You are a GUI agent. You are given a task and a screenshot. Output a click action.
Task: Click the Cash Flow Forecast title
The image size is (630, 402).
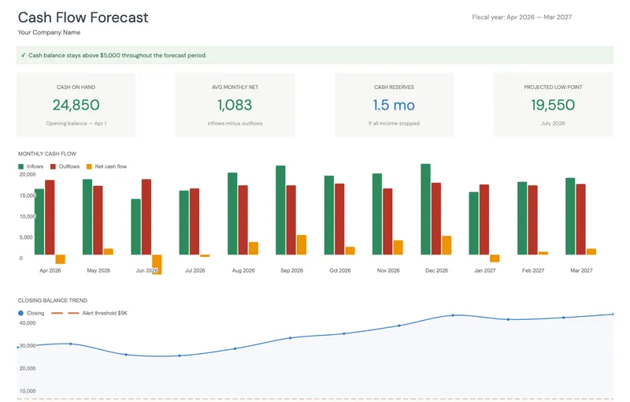point(83,17)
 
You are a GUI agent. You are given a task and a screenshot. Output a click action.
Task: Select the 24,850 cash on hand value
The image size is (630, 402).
point(76,105)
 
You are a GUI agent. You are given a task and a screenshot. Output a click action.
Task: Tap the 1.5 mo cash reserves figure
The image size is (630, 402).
point(394,105)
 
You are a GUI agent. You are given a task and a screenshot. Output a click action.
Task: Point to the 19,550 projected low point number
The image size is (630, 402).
point(553,105)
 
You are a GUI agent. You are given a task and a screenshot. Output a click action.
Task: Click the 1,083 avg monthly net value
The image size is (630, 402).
point(235,105)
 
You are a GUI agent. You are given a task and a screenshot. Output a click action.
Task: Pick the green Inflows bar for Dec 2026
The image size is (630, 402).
point(425,210)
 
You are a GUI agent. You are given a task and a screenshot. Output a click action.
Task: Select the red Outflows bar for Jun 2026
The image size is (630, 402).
point(146,217)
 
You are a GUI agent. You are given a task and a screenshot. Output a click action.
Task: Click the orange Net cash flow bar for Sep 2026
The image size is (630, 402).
point(302,244)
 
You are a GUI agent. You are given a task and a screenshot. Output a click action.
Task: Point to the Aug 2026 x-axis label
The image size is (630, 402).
point(243,270)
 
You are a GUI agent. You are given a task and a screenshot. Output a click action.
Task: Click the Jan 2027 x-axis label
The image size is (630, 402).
point(484,270)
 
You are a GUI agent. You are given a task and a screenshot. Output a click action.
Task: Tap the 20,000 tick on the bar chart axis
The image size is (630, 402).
point(26,174)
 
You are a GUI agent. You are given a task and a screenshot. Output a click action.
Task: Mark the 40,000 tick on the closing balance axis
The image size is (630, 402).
point(27,323)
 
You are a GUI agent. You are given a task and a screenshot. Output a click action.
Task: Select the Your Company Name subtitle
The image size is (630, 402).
point(49,32)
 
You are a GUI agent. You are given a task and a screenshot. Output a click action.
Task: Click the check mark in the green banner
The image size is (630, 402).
point(23,55)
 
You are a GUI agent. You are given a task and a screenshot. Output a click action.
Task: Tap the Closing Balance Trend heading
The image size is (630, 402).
point(52,300)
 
